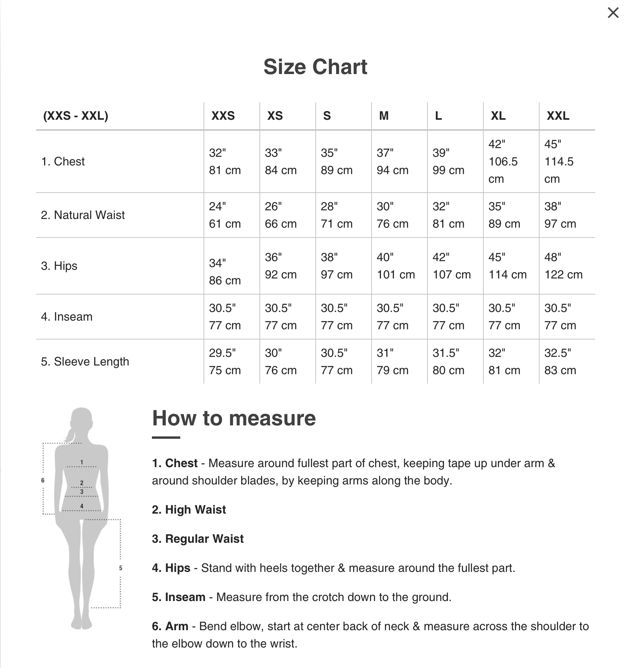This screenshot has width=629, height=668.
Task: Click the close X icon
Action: click(613, 13)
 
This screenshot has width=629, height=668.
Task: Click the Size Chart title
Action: click(315, 67)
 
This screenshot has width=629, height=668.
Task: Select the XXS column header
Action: click(223, 116)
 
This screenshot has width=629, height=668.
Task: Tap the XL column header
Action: click(498, 116)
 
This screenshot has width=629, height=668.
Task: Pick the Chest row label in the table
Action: click(63, 161)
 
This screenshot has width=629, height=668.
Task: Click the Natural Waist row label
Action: click(83, 215)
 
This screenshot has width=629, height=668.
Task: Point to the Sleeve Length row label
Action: click(85, 362)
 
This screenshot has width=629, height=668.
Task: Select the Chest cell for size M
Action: click(392, 161)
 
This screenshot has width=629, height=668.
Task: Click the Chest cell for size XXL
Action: click(559, 161)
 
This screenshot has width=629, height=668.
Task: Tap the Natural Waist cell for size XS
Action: click(281, 215)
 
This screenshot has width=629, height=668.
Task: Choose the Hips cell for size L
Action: click(451, 266)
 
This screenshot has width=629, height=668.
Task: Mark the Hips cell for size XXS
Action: click(225, 272)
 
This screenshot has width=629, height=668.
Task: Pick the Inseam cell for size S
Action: click(337, 317)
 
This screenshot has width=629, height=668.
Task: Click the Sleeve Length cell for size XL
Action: click(504, 362)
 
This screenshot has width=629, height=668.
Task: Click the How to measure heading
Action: click(234, 418)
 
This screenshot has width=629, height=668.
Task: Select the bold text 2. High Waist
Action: click(189, 510)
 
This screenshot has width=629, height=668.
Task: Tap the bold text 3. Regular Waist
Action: click(198, 539)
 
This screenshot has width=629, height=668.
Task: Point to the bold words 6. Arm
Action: click(170, 626)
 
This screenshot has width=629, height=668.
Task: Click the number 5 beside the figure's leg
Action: click(120, 568)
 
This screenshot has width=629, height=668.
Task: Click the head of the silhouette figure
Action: click(81, 419)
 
